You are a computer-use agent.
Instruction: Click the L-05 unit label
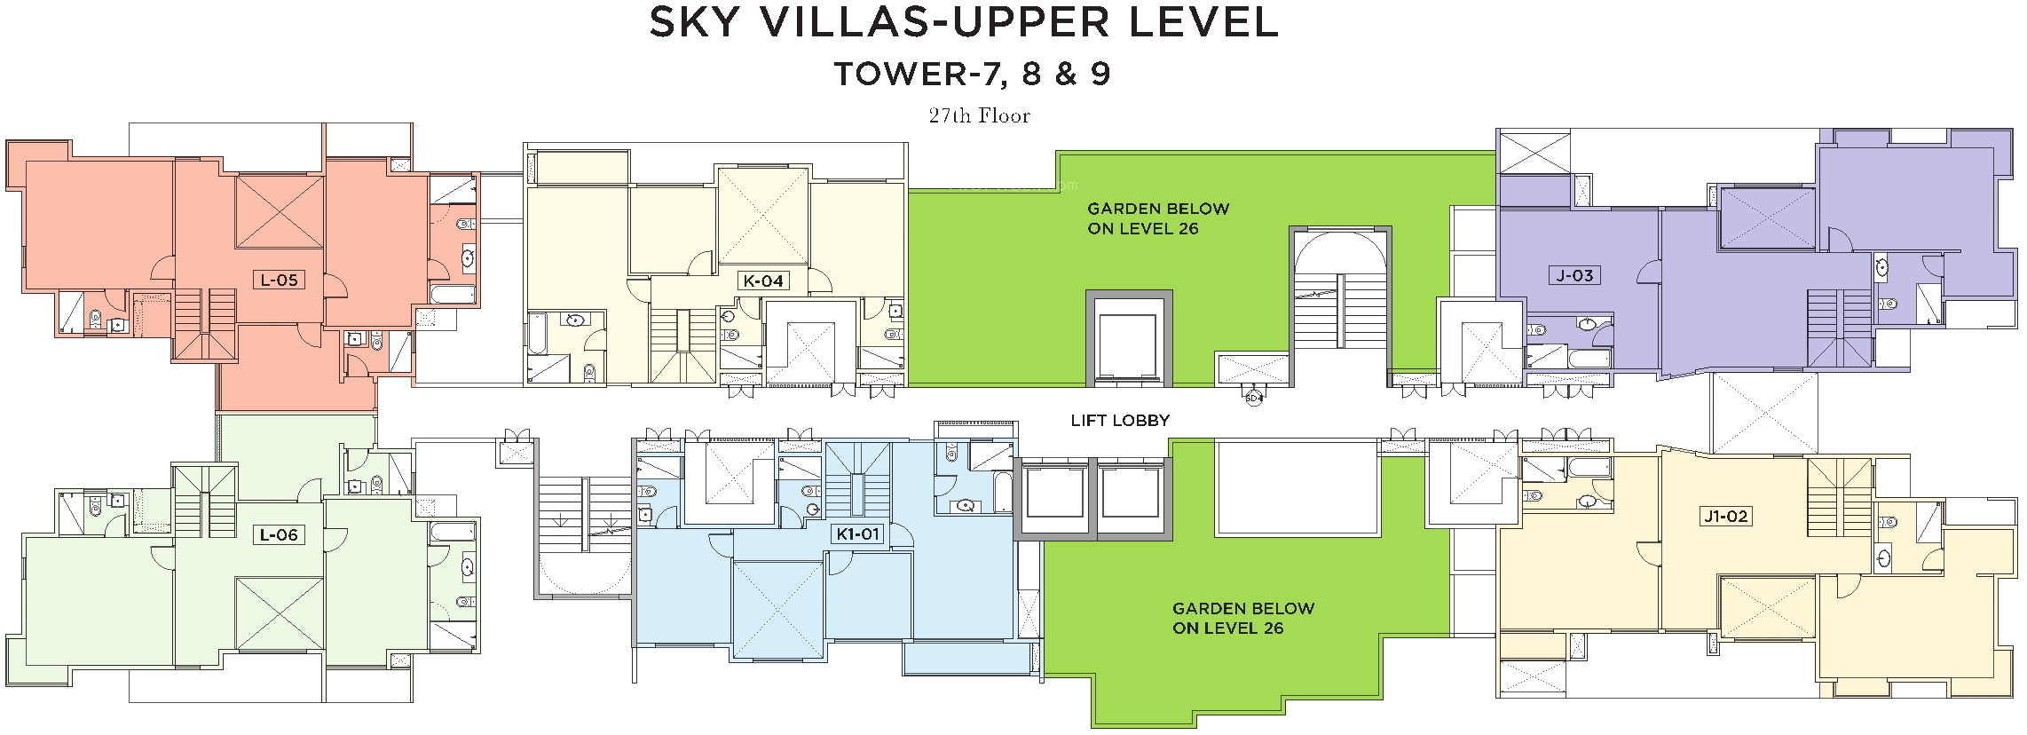pos(278,281)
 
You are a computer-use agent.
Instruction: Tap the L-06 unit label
pos(278,535)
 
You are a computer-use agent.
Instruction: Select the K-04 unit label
pos(763,281)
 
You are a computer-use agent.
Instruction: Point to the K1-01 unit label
pos(857,534)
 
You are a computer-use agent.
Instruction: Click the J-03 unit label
pos(1575,275)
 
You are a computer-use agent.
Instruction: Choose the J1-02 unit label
pos(1725,516)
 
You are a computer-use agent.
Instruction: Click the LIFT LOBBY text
pos(1120,421)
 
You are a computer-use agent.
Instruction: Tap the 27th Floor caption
pos(980,115)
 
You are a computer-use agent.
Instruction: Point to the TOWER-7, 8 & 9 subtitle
pos(973,75)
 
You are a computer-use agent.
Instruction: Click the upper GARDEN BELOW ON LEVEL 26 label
pos(1158,218)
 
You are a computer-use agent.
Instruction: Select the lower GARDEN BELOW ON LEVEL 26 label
pos(1242,618)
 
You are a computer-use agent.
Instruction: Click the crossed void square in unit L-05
pos(279,211)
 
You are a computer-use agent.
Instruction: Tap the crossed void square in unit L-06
pos(279,613)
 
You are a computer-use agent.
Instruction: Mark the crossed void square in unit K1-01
pos(777,611)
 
